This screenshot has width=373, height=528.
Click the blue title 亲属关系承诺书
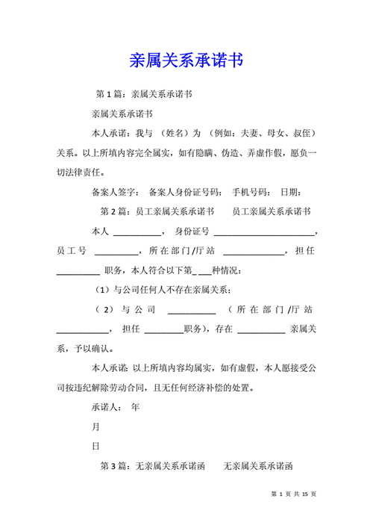pos(186,60)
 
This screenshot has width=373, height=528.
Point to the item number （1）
pos(103,289)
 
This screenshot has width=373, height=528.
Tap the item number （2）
pos(104,308)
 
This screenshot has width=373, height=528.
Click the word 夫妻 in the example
pos(250,134)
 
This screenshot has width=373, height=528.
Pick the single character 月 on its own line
pos(95,426)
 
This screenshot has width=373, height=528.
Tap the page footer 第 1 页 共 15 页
pos(294,494)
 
